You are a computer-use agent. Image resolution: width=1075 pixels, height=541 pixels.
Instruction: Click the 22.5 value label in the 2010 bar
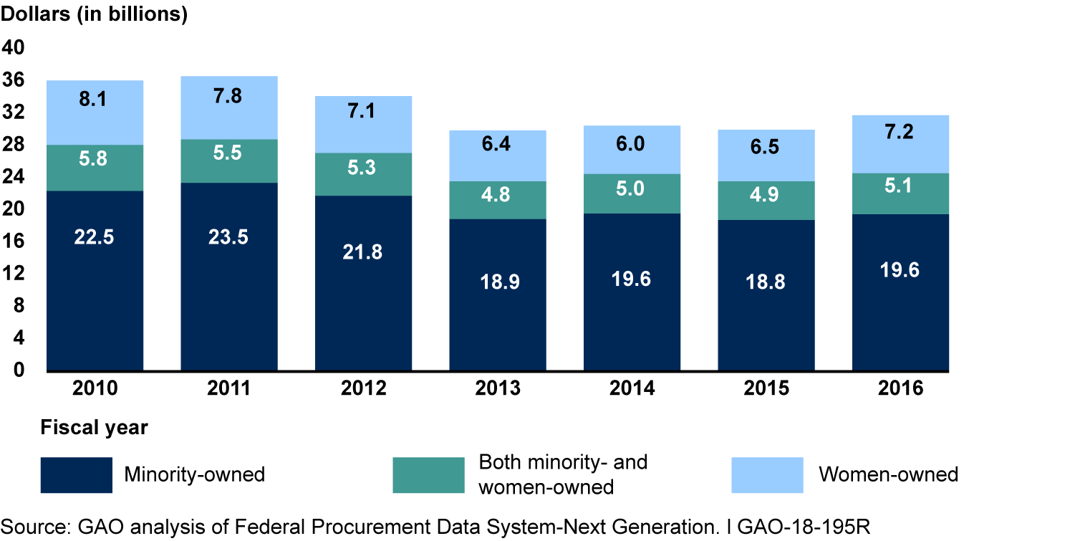(x=95, y=237)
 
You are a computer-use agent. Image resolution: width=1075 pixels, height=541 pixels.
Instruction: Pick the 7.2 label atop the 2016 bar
(x=900, y=133)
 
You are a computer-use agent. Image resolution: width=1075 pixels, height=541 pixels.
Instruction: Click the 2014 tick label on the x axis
(x=632, y=388)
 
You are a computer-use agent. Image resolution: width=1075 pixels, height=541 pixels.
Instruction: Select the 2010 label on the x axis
(x=95, y=388)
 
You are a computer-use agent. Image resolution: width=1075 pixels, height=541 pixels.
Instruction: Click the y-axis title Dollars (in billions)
(x=94, y=15)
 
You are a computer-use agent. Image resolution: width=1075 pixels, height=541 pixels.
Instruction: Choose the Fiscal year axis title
(x=94, y=429)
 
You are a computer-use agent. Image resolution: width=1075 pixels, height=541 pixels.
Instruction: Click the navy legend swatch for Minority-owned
(x=76, y=475)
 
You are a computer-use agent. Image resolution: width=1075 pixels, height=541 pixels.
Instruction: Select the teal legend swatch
(x=428, y=475)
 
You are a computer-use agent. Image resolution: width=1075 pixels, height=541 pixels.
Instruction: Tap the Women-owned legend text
(x=888, y=474)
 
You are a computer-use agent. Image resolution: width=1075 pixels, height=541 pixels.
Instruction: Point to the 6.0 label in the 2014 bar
(x=632, y=143)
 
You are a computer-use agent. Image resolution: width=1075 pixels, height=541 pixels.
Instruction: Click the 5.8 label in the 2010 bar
(x=95, y=159)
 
